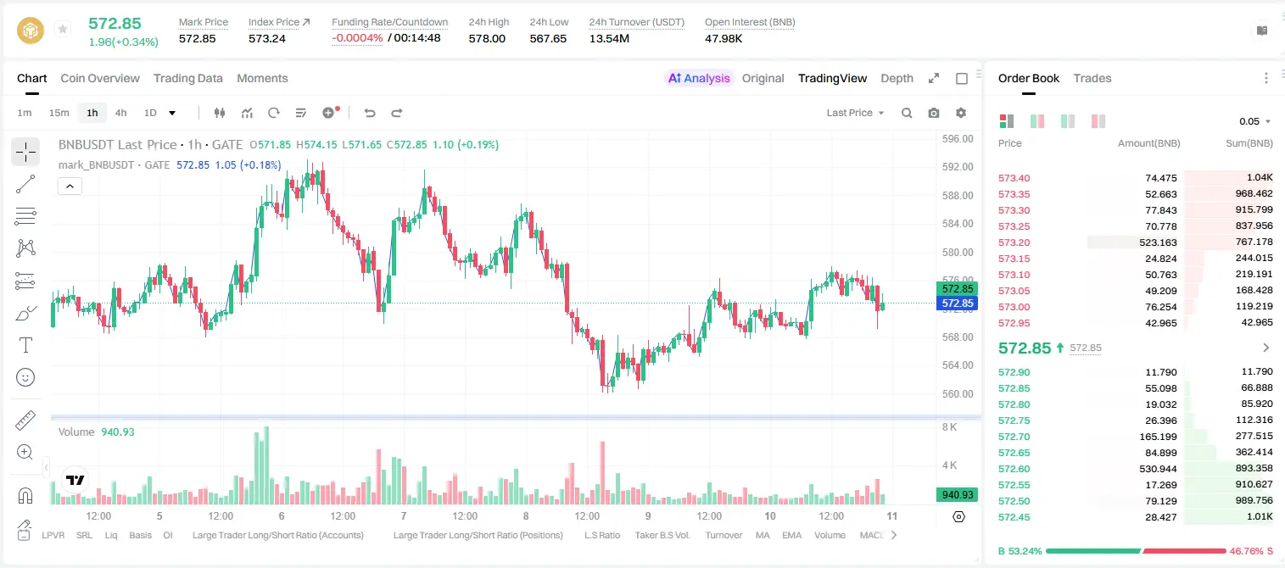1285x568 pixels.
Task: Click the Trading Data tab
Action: point(187,78)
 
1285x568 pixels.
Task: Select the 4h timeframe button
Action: point(120,113)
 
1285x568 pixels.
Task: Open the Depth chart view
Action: point(897,78)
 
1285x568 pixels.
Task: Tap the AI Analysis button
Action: point(699,78)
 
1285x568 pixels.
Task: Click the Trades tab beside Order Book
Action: point(1092,78)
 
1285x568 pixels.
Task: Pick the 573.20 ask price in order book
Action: point(1014,242)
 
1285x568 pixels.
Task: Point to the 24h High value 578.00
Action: point(487,38)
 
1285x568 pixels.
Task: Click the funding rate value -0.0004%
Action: point(357,38)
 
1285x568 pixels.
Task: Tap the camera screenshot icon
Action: point(934,113)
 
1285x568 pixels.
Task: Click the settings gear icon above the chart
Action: point(961,113)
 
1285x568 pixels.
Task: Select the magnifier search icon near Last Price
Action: point(907,113)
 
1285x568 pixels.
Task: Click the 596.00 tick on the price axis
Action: point(958,139)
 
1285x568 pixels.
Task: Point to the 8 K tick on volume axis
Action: point(949,427)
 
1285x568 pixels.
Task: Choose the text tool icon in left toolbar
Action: point(25,345)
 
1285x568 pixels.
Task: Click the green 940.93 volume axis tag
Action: point(957,494)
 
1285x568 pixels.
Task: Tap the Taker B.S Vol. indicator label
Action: point(662,535)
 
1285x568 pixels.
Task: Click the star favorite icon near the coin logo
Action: point(63,29)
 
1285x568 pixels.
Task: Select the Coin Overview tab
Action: point(100,78)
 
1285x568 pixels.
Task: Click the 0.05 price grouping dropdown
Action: point(1254,121)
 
